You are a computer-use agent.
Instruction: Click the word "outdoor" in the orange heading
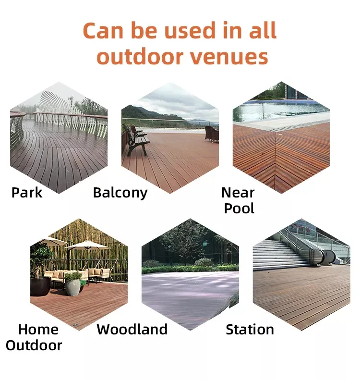pos(140,57)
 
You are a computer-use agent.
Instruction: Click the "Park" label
pos(27,193)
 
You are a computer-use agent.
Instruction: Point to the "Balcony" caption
pos(120,193)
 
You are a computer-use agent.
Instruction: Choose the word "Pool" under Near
pos(239,209)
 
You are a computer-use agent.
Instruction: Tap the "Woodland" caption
pos(132,329)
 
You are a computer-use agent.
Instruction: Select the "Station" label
pos(250,329)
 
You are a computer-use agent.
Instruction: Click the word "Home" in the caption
pos(38,329)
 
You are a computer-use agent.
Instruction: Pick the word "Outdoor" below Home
pos(34,345)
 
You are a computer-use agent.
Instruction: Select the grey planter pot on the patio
pos(73,286)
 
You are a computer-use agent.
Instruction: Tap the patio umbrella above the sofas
pos(87,245)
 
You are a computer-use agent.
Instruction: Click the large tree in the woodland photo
pos(182,240)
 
